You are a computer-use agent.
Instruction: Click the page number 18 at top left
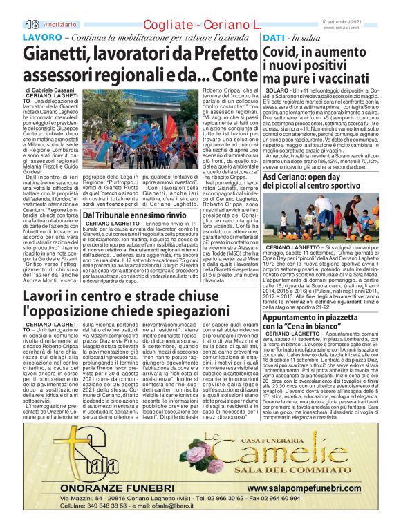(x=32, y=25)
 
